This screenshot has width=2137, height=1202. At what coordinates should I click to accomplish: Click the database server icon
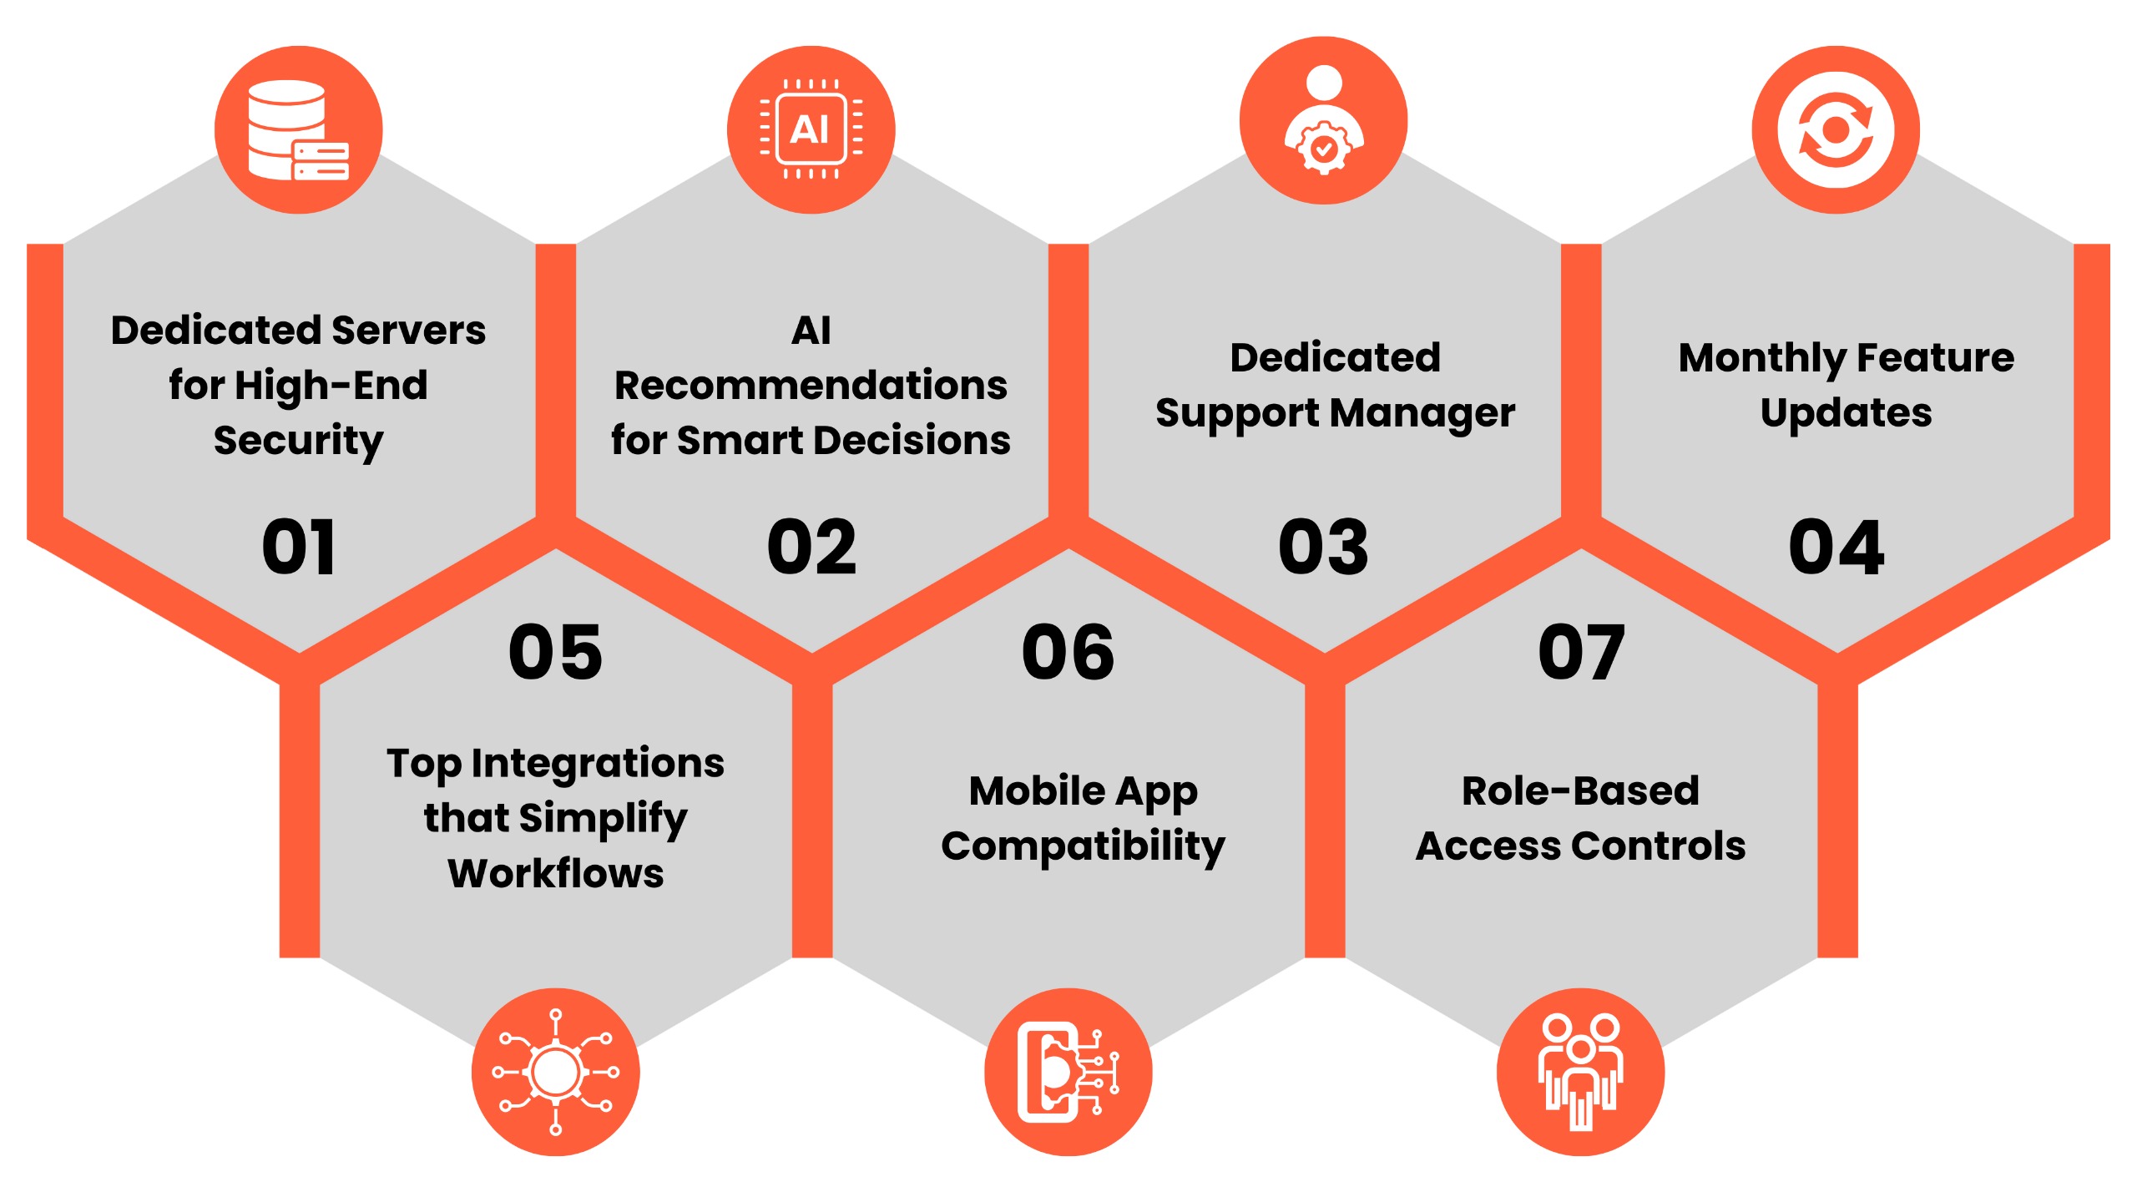pyautogui.click(x=298, y=130)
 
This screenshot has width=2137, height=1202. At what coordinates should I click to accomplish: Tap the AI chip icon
pyautogui.click(x=811, y=129)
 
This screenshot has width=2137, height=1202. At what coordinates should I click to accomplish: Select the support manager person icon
pyautogui.click(x=1324, y=120)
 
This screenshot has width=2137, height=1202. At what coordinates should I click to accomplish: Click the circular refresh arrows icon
pyautogui.click(x=1836, y=130)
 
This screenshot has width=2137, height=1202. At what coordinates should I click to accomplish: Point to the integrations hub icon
pyautogui.click(x=555, y=1072)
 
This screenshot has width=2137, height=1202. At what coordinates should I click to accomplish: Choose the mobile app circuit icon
pyautogui.click(x=1068, y=1072)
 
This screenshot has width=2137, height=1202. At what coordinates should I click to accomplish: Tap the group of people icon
pyautogui.click(x=1580, y=1072)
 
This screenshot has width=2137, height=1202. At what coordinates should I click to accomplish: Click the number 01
pyautogui.click(x=299, y=547)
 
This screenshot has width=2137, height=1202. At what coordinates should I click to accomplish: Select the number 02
pyautogui.click(x=811, y=547)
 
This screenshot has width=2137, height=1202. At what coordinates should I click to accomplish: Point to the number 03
pyautogui.click(x=1324, y=547)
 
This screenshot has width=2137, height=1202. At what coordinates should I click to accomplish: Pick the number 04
pyautogui.click(x=1836, y=547)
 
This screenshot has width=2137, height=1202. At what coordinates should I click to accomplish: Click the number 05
pyautogui.click(x=555, y=651)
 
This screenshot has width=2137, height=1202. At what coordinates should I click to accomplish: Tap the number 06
pyautogui.click(x=1068, y=651)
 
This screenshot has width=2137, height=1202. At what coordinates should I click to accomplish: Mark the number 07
pyautogui.click(x=1581, y=651)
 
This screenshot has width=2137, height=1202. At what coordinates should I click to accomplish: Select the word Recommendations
pyautogui.click(x=811, y=386)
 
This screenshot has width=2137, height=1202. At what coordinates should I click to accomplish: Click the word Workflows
pyautogui.click(x=556, y=873)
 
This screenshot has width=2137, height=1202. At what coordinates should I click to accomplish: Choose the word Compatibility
pyautogui.click(x=1083, y=848)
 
